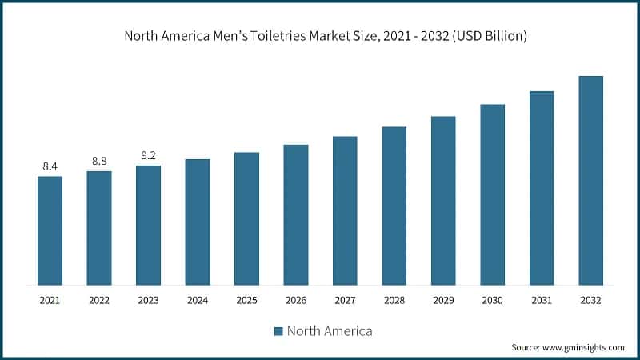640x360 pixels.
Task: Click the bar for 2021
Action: [x=50, y=230]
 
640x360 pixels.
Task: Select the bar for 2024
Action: [x=198, y=222]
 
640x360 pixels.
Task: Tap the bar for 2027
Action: [x=345, y=210]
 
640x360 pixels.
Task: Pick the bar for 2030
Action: [x=492, y=194]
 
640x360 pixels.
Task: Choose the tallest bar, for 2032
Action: [x=590, y=180]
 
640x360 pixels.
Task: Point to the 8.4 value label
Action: [x=50, y=166]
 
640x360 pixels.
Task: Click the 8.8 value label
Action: [x=99, y=161]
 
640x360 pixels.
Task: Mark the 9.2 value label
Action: [x=148, y=156]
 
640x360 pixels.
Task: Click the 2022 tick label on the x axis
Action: [x=99, y=300]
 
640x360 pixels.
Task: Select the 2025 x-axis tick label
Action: [x=246, y=300]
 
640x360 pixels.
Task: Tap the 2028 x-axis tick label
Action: [x=394, y=300]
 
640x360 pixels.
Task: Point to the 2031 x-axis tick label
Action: [x=542, y=300]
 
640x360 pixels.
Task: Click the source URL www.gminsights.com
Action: [x=582, y=347]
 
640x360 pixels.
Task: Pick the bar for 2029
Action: [x=443, y=200]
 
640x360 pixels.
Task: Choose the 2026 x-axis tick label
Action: [x=296, y=300]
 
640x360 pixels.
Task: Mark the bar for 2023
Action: [x=148, y=225]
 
